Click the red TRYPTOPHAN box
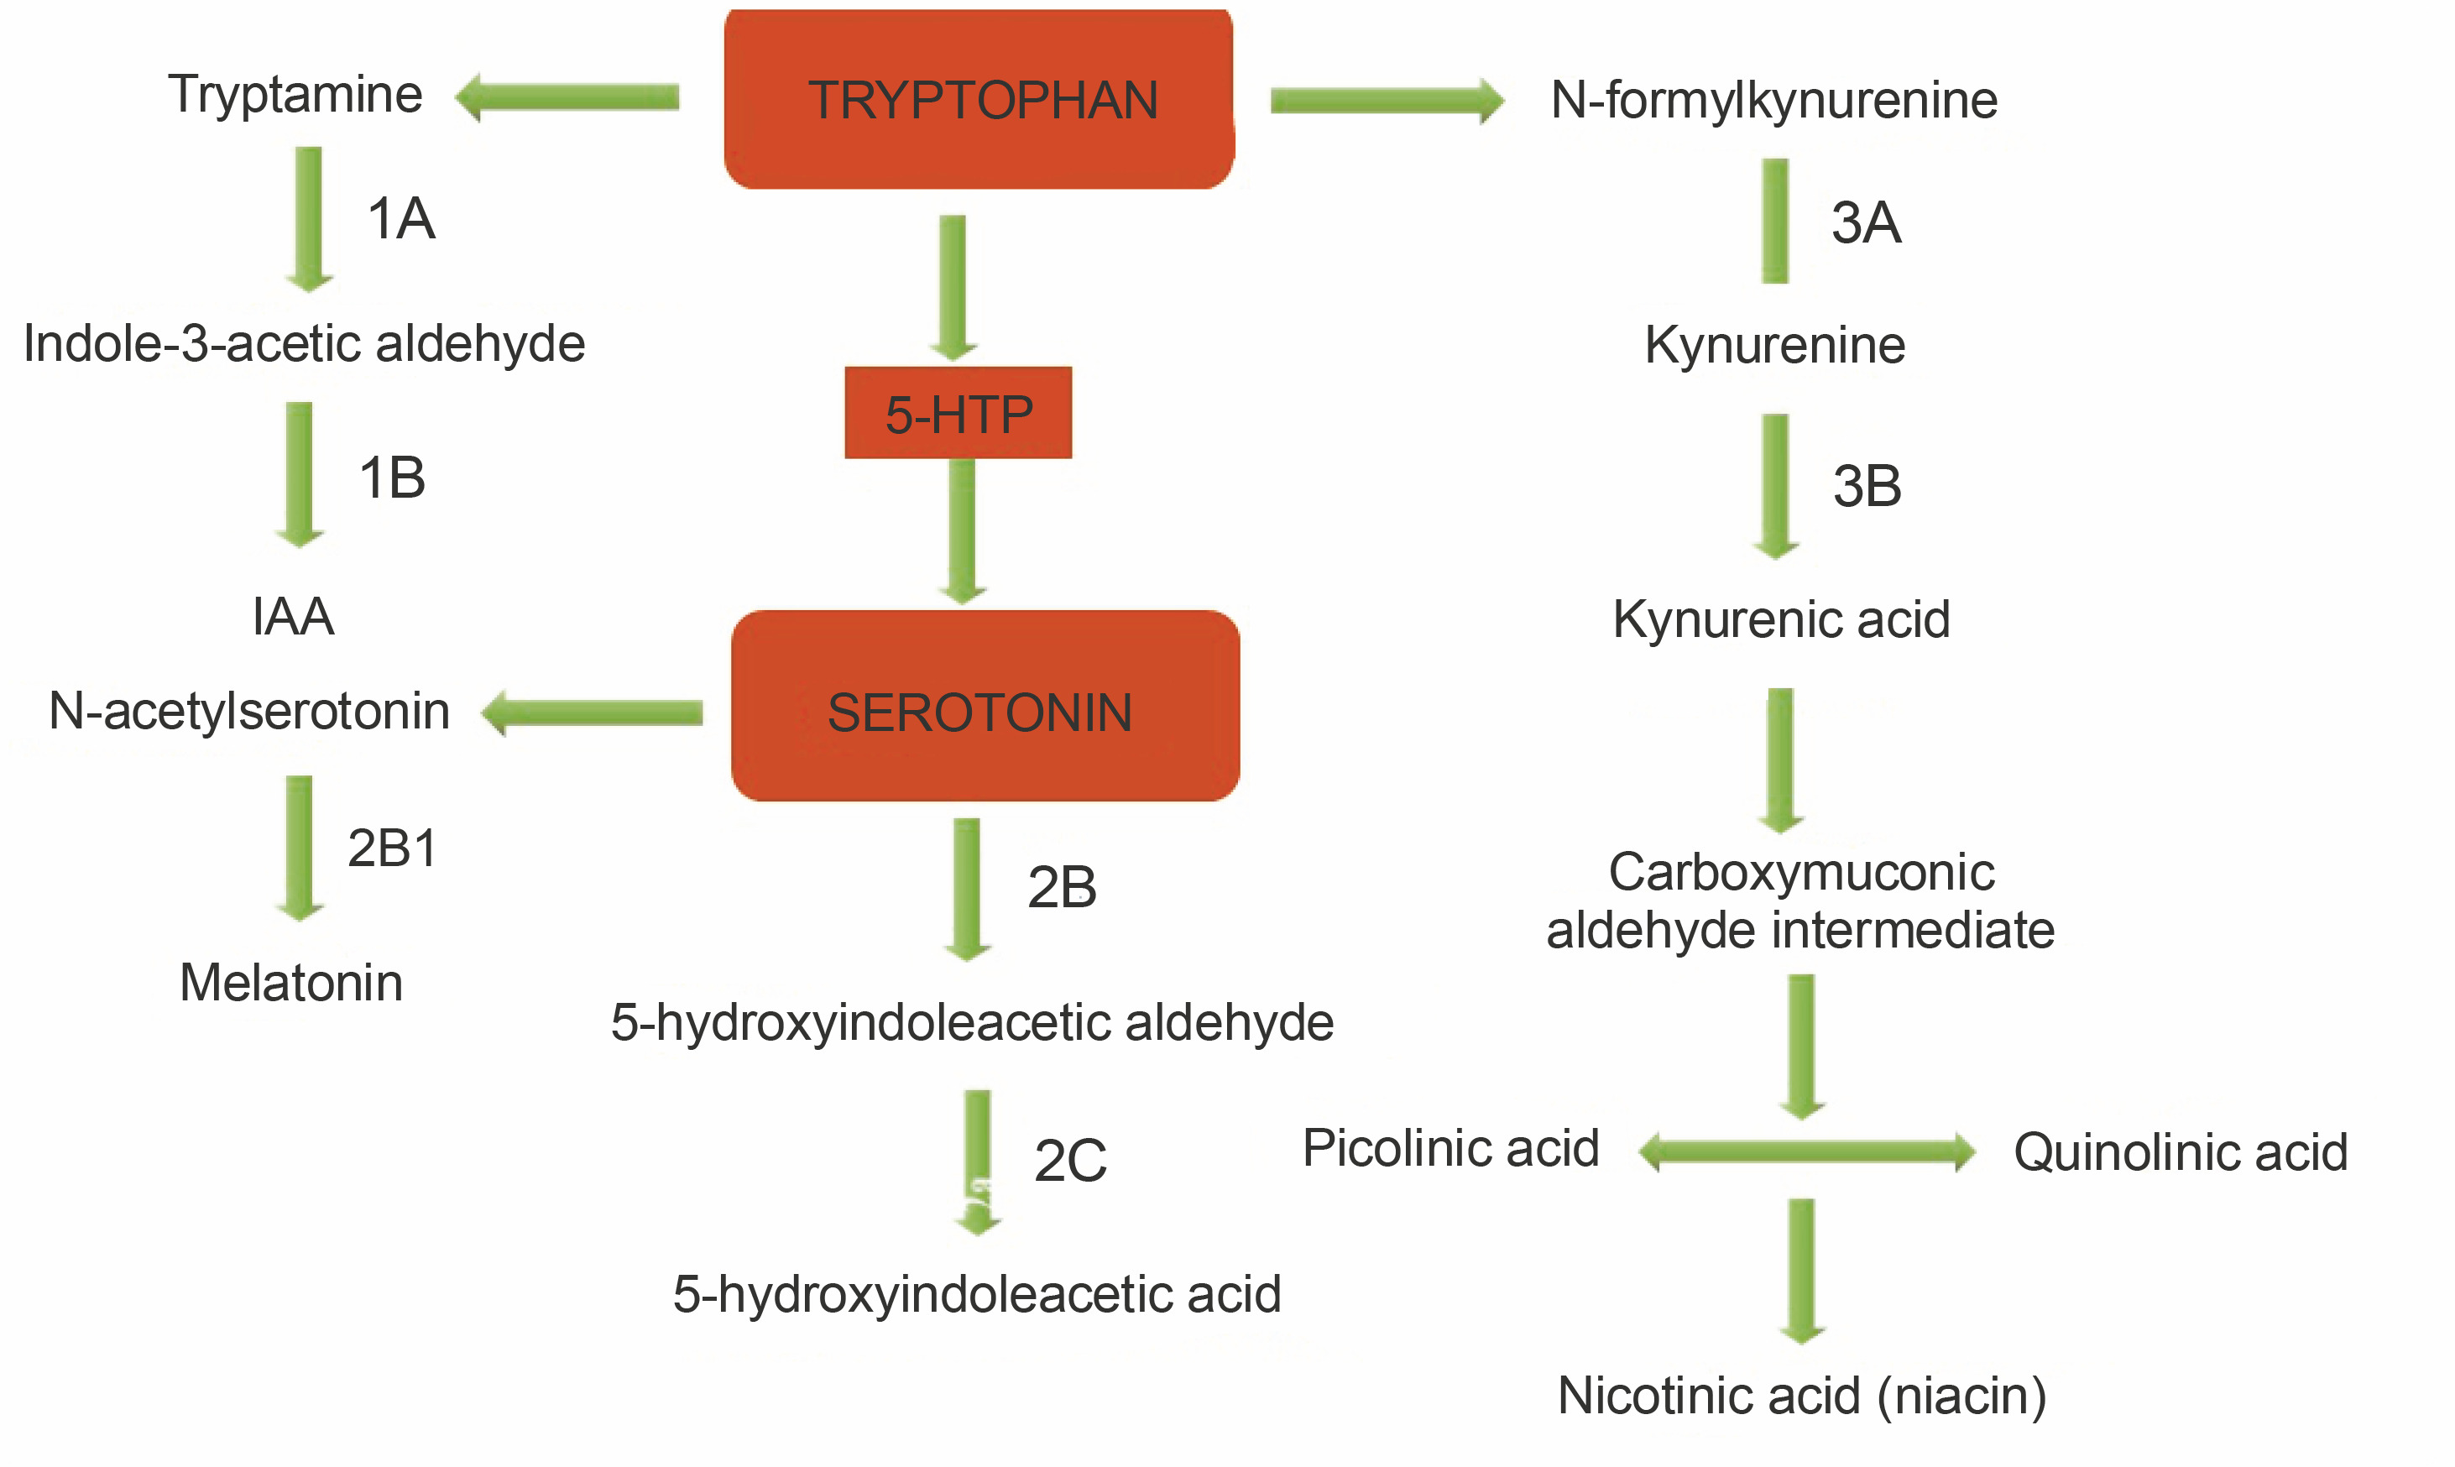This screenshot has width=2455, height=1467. (x=979, y=99)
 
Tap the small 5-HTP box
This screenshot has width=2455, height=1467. (x=958, y=413)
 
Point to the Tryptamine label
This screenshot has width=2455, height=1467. (x=295, y=95)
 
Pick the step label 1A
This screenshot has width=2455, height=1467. (x=400, y=218)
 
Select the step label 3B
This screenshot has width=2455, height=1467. (x=1866, y=487)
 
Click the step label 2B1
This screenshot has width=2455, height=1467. (x=391, y=848)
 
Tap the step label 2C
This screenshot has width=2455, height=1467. (x=1069, y=1161)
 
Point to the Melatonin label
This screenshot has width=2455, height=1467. (x=290, y=983)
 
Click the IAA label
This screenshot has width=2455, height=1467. (x=293, y=617)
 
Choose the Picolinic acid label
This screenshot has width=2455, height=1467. (x=1449, y=1149)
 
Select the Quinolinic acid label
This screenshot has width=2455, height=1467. (x=2181, y=1152)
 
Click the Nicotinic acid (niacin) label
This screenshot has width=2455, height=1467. (x=1800, y=1396)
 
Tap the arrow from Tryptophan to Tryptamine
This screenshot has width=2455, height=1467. (x=567, y=97)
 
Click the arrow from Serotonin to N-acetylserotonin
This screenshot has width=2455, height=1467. (x=593, y=713)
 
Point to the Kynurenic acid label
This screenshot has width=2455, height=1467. (x=1781, y=620)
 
